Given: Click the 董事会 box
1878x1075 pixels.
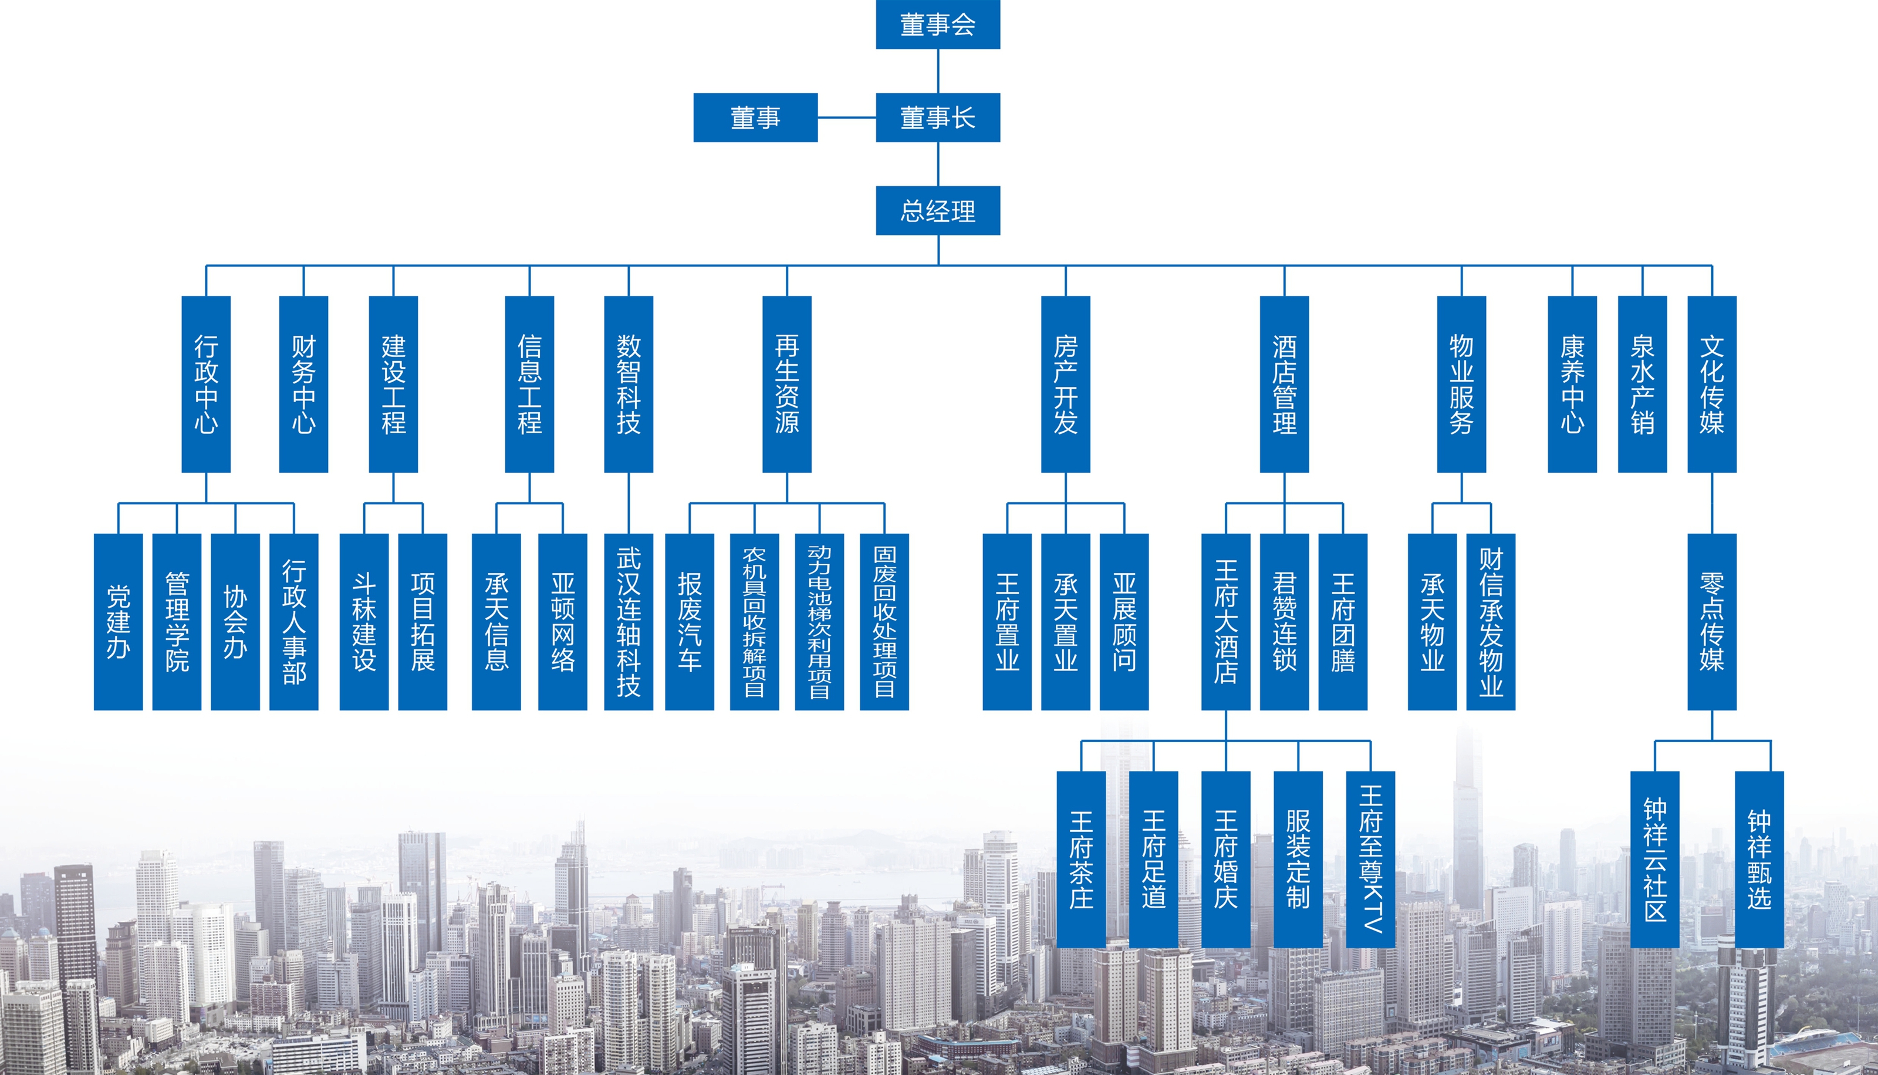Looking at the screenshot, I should pyautogui.click(x=938, y=24).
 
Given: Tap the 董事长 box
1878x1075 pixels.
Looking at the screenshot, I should pyautogui.click(x=938, y=117).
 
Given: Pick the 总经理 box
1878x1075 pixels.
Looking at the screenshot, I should pyautogui.click(x=938, y=210).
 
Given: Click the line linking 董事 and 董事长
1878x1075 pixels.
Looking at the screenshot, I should pyautogui.click(x=846, y=117).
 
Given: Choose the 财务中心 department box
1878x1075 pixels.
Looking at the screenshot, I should pyautogui.click(x=303, y=384).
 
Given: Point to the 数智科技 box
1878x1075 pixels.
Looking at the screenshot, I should pyautogui.click(x=628, y=384).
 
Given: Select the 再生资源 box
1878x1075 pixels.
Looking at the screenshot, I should pyautogui.click(x=786, y=384).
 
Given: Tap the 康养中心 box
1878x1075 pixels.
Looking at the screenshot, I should pyautogui.click(x=1572, y=384).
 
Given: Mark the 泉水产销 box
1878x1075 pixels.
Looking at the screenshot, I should pyautogui.click(x=1642, y=384).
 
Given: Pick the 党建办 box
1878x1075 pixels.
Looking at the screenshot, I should pyautogui.click(x=118, y=622).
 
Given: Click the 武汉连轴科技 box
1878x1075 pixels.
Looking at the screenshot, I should pyautogui.click(x=628, y=622).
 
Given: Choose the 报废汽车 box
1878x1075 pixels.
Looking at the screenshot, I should pyautogui.click(x=689, y=622).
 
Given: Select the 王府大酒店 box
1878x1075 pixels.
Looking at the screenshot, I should pyautogui.click(x=1225, y=622).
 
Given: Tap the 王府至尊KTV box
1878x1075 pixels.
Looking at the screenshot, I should pyautogui.click(x=1370, y=860).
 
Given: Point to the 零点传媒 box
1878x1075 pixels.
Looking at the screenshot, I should pyautogui.click(x=1712, y=622).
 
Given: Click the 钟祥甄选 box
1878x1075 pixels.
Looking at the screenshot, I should pyautogui.click(x=1759, y=860).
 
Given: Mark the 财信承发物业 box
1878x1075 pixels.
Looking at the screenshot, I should pyautogui.click(x=1491, y=622).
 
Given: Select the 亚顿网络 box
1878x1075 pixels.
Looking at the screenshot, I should pyautogui.click(x=562, y=622).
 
